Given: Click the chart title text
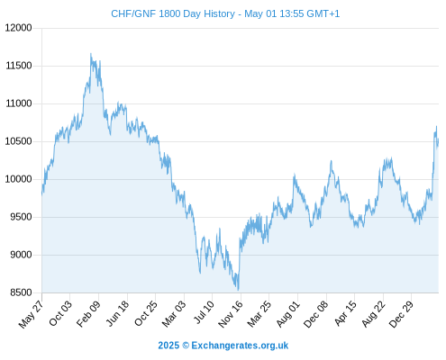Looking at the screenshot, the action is [225, 13].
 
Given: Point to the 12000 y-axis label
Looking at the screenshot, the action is [18, 28].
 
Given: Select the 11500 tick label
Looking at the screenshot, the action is [19, 66].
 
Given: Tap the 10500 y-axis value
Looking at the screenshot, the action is [18, 141].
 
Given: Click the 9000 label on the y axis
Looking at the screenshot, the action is [21, 255].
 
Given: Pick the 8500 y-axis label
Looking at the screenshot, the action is [21, 292].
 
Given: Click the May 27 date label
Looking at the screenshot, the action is [32, 314].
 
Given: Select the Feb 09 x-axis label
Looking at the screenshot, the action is [88, 314].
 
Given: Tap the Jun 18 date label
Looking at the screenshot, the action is [117, 313].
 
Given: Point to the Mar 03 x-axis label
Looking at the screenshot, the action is [174, 314].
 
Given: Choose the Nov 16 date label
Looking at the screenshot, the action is [230, 314].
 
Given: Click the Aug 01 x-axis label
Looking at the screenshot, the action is [287, 314].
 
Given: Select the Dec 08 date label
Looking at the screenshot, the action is [315, 314].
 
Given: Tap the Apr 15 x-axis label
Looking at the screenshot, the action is [345, 313].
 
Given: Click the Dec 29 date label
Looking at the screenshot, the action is [401, 314].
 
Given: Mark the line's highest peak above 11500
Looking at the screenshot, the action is [91, 54].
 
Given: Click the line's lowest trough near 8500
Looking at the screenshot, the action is [238, 290].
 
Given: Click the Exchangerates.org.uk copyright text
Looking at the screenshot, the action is [223, 346].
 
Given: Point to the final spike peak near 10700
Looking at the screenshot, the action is [436, 127].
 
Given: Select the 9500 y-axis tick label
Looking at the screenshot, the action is [21, 217].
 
